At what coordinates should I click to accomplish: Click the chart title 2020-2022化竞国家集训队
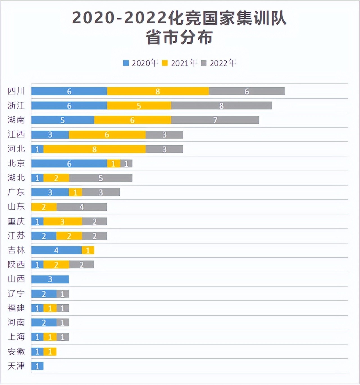pos(179,18)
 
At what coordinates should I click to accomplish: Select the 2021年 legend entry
pos(180,63)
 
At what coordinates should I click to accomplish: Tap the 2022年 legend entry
pos(219,63)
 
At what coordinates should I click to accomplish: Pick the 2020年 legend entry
pos(141,63)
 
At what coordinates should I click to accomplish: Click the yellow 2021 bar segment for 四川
pos(158,91)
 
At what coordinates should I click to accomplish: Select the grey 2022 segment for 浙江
pos(221,106)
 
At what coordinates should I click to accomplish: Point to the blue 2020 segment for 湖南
pos(63,120)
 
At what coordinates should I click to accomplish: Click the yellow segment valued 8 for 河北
pos(94,149)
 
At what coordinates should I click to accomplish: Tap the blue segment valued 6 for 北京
pos(69,164)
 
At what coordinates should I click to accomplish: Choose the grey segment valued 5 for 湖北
pos(101,178)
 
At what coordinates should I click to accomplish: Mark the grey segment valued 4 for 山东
pos(81,207)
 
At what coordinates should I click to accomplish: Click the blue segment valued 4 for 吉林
pos(56,250)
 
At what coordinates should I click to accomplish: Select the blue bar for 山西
pos(50,279)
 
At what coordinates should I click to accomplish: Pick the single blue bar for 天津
pos(37,366)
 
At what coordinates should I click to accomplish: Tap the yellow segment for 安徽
pos(50,352)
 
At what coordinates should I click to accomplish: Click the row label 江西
pos(16,134)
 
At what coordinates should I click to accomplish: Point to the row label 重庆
pos(16,221)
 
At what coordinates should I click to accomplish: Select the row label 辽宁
pos(16,294)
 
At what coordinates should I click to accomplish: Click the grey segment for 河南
pos(63,323)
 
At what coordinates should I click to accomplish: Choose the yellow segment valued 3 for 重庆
pos(63,221)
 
